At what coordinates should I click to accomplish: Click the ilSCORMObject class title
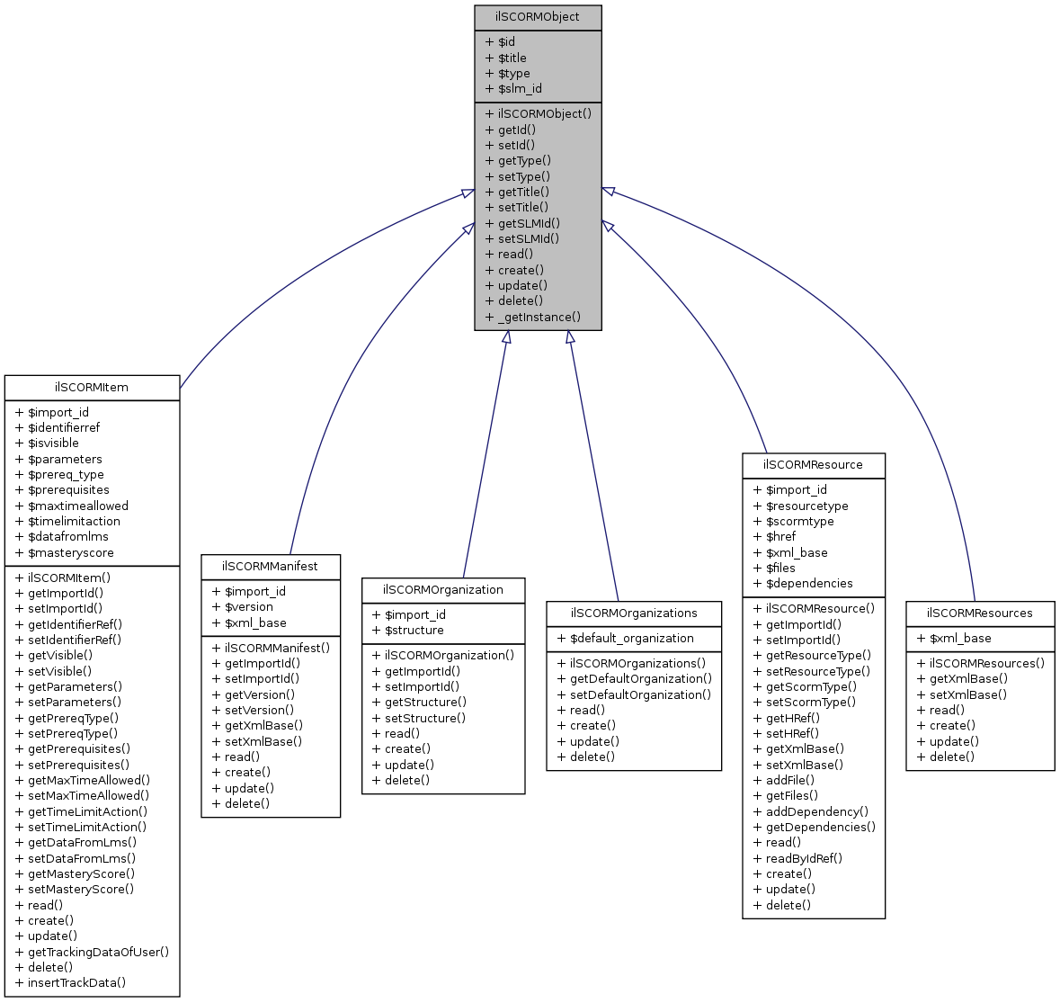(x=538, y=17)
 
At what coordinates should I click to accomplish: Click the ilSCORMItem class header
(x=92, y=388)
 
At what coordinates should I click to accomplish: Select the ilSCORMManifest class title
(x=271, y=567)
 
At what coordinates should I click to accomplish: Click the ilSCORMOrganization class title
(x=443, y=590)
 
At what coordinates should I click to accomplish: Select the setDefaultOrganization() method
(x=640, y=694)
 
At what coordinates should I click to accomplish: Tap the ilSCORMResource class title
(x=813, y=465)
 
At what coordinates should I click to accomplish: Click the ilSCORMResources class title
(x=980, y=613)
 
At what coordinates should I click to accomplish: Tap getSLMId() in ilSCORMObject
(x=529, y=223)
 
